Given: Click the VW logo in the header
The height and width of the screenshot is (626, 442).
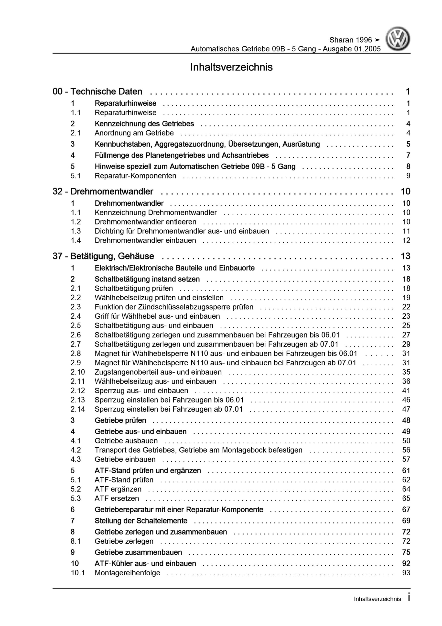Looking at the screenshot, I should pyautogui.click(x=397, y=39).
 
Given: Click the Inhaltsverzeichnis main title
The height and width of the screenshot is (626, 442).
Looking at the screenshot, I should pyautogui.click(x=231, y=67).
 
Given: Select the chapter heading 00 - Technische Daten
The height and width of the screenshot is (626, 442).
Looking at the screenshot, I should pyautogui.click(x=97, y=92).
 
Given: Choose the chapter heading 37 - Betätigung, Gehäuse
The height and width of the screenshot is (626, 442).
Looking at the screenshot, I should pyautogui.click(x=103, y=256).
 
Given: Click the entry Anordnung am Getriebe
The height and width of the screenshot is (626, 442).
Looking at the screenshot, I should pyautogui.click(x=134, y=133).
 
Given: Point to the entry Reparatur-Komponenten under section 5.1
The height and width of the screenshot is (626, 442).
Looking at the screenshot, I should pyautogui.click(x=135, y=176).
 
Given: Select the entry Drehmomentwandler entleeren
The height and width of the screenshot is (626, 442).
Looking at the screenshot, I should pyautogui.click(x=145, y=222).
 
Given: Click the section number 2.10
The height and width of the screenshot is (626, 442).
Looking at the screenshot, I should pyautogui.click(x=78, y=372).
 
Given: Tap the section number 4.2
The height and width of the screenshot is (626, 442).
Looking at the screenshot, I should pyautogui.click(x=75, y=450).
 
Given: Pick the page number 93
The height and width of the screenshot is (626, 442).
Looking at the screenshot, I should pyautogui.click(x=406, y=573).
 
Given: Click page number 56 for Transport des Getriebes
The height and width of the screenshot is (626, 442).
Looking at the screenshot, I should pyautogui.click(x=406, y=450).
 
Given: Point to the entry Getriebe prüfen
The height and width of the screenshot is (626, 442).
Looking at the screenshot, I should pyautogui.click(x=120, y=420).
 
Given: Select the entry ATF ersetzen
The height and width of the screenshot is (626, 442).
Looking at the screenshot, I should pyautogui.click(x=117, y=498).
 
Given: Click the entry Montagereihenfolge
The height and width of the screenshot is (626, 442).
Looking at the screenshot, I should pyautogui.click(x=127, y=573).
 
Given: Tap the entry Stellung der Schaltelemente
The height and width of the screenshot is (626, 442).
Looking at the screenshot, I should pyautogui.click(x=141, y=521).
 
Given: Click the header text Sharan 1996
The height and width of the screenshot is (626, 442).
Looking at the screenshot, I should pyautogui.click(x=350, y=40).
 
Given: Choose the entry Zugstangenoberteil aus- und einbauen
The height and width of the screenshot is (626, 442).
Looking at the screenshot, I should pyautogui.click(x=158, y=372).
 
